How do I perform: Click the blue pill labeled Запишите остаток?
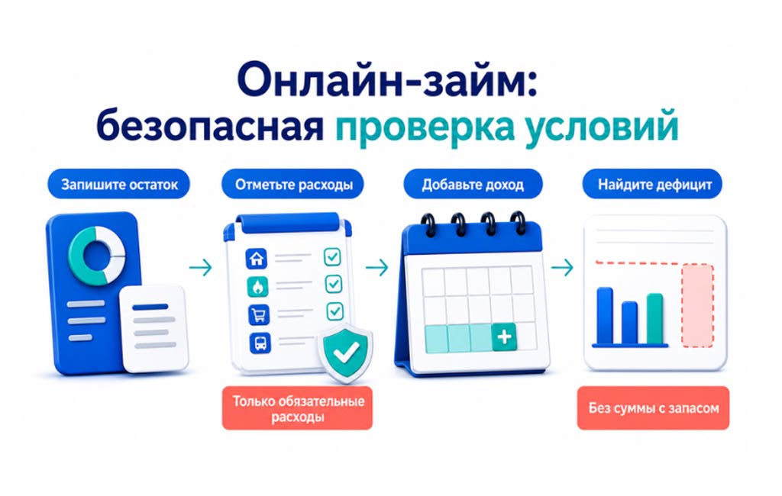point(118,184)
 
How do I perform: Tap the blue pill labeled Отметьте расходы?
point(292,184)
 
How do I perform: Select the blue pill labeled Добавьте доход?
point(472,184)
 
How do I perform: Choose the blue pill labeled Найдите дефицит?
point(652,184)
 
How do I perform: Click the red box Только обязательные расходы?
point(297,408)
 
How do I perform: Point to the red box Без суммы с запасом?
point(654,408)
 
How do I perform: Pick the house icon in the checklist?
point(257,258)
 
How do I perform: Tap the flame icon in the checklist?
point(258,287)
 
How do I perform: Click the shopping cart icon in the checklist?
point(259,315)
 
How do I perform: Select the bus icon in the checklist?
point(260,343)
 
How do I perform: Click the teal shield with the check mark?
point(346,352)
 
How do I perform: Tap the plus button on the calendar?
point(504,337)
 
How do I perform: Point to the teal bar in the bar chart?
point(654,318)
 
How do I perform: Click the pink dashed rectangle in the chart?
point(697,305)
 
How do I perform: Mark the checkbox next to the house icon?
point(332,256)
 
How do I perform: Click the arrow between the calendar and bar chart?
point(562,268)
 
